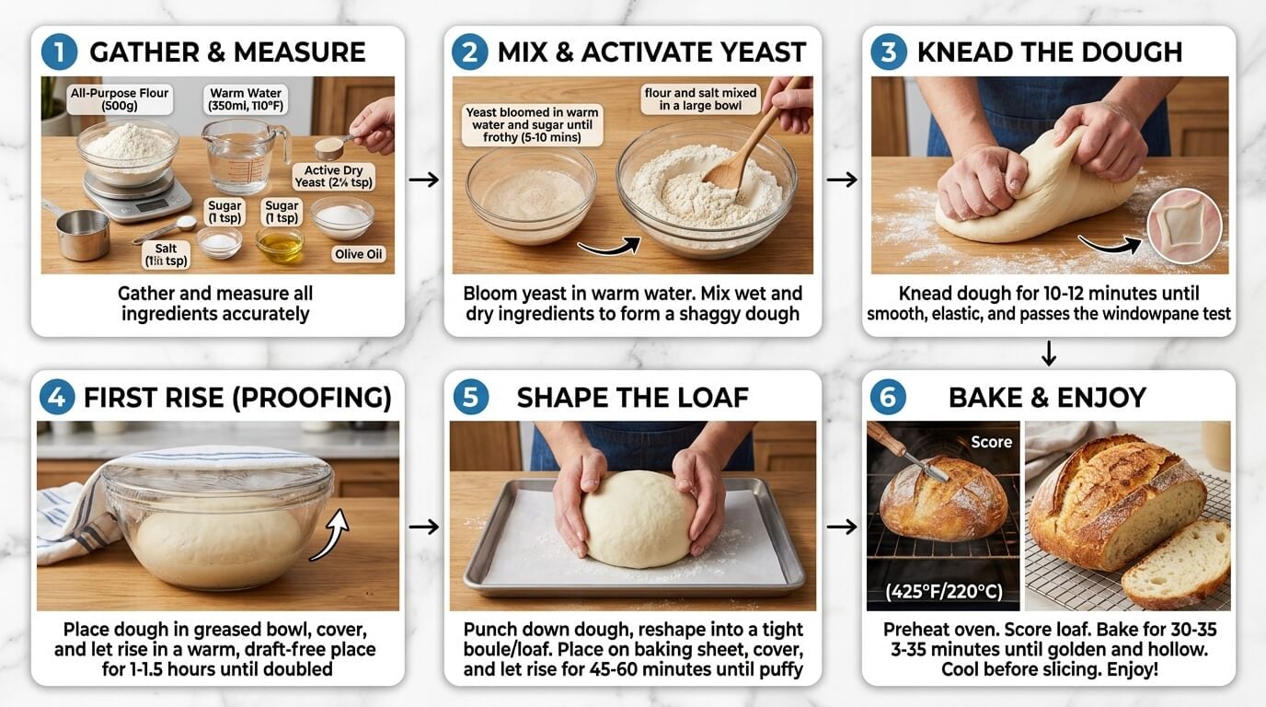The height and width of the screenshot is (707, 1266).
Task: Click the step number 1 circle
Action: [x=59, y=52]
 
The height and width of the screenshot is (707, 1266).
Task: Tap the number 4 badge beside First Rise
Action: [x=57, y=398]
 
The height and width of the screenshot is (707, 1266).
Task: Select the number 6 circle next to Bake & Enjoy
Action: [x=888, y=398]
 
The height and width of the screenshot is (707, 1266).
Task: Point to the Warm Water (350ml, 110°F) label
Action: [x=246, y=99]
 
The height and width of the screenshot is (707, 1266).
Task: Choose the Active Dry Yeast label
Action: [x=328, y=177]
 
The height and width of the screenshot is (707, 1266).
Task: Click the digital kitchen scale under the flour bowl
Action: [x=125, y=195]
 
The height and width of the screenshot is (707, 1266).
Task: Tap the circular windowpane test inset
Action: [x=1184, y=226]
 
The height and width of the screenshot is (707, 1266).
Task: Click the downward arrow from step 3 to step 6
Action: [x=1048, y=353]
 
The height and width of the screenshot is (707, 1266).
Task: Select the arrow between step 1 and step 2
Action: [x=423, y=180]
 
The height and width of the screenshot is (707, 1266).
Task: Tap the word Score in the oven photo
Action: [x=991, y=442]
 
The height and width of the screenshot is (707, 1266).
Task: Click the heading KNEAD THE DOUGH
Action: [x=1049, y=52]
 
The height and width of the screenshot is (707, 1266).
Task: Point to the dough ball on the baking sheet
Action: [x=638, y=517]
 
